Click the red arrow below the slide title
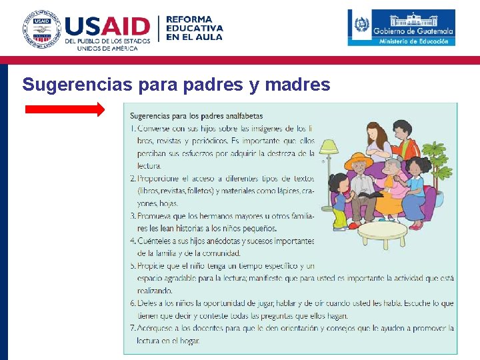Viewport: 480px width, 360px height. click(65, 109)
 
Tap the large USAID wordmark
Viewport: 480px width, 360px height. click(107, 27)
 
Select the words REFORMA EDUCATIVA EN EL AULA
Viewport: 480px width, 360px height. click(194, 29)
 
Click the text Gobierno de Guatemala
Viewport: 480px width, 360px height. click(413, 31)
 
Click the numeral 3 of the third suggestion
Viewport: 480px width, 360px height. click(133, 216)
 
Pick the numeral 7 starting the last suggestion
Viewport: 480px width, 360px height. click(133, 328)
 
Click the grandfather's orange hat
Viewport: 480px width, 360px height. click(359, 162)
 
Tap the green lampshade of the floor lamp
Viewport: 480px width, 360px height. click(328, 145)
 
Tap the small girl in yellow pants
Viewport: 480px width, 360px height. click(339, 200)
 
